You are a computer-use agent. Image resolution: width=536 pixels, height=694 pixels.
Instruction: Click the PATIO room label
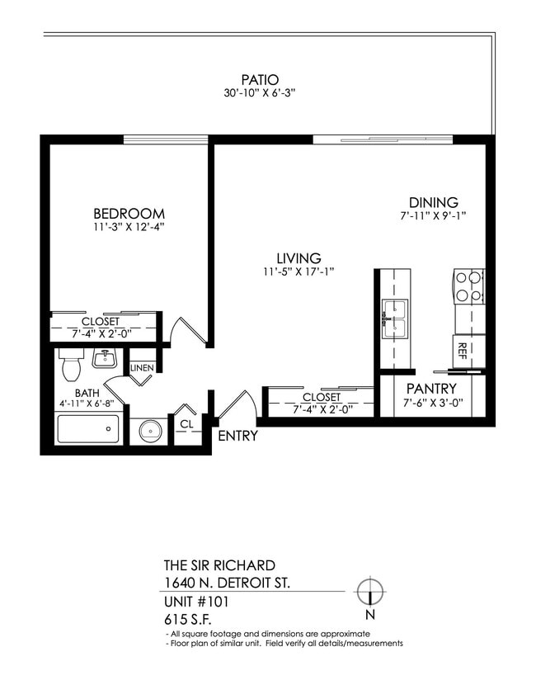[x=267, y=80]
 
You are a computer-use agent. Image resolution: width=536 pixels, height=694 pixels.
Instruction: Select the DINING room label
[x=434, y=203]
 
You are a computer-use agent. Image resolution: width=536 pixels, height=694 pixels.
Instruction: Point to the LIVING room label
[x=299, y=258]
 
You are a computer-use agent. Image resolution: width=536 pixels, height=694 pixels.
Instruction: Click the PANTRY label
[x=430, y=389]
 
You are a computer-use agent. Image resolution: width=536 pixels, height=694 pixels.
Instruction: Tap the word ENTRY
[x=237, y=436]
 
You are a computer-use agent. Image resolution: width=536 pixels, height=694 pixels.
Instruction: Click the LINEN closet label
[x=142, y=368]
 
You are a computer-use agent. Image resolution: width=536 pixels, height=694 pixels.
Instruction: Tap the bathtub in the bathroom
[x=87, y=429]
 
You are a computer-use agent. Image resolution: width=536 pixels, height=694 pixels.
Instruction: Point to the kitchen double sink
[x=394, y=315]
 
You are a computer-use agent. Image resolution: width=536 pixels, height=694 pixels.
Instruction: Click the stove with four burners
[x=468, y=288]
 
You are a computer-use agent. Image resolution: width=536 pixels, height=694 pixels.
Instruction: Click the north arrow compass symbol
[x=370, y=592]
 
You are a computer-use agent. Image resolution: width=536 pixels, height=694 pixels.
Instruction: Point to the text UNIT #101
[x=196, y=602]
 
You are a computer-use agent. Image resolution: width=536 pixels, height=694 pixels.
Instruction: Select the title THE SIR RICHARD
[x=219, y=565]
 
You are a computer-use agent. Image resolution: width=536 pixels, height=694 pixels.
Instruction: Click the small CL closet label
[x=186, y=423]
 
